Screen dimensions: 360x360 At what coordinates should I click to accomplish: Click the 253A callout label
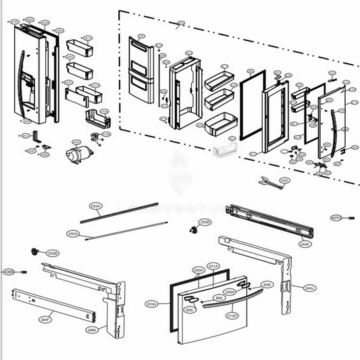point(96,206)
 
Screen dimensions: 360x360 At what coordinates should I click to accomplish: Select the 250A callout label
point(73,234)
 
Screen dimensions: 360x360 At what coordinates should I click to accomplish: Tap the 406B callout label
point(9,272)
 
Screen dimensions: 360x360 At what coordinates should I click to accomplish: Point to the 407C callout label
point(336,217)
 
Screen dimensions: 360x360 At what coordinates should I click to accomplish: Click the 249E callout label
point(305,244)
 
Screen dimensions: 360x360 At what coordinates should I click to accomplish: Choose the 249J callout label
point(309,288)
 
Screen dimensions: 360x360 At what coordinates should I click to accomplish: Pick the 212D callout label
point(232,315)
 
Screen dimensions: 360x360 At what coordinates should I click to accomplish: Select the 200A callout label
point(199,270)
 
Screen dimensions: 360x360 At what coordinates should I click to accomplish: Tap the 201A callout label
point(213,265)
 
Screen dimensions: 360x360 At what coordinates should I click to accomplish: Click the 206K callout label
point(229,292)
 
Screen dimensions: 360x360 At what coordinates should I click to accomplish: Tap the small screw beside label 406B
point(24,272)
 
